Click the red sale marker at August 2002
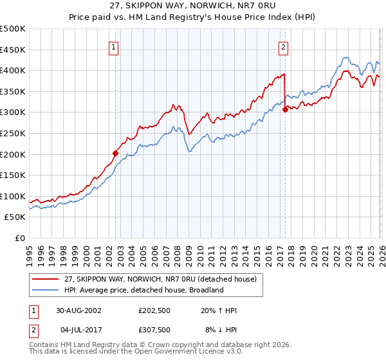[x=116, y=153]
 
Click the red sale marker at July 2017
[x=285, y=109]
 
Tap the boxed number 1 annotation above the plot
[x=114, y=46]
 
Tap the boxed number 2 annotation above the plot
[x=283, y=46]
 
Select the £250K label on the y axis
[x=13, y=133]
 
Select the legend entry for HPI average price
[x=142, y=290]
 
